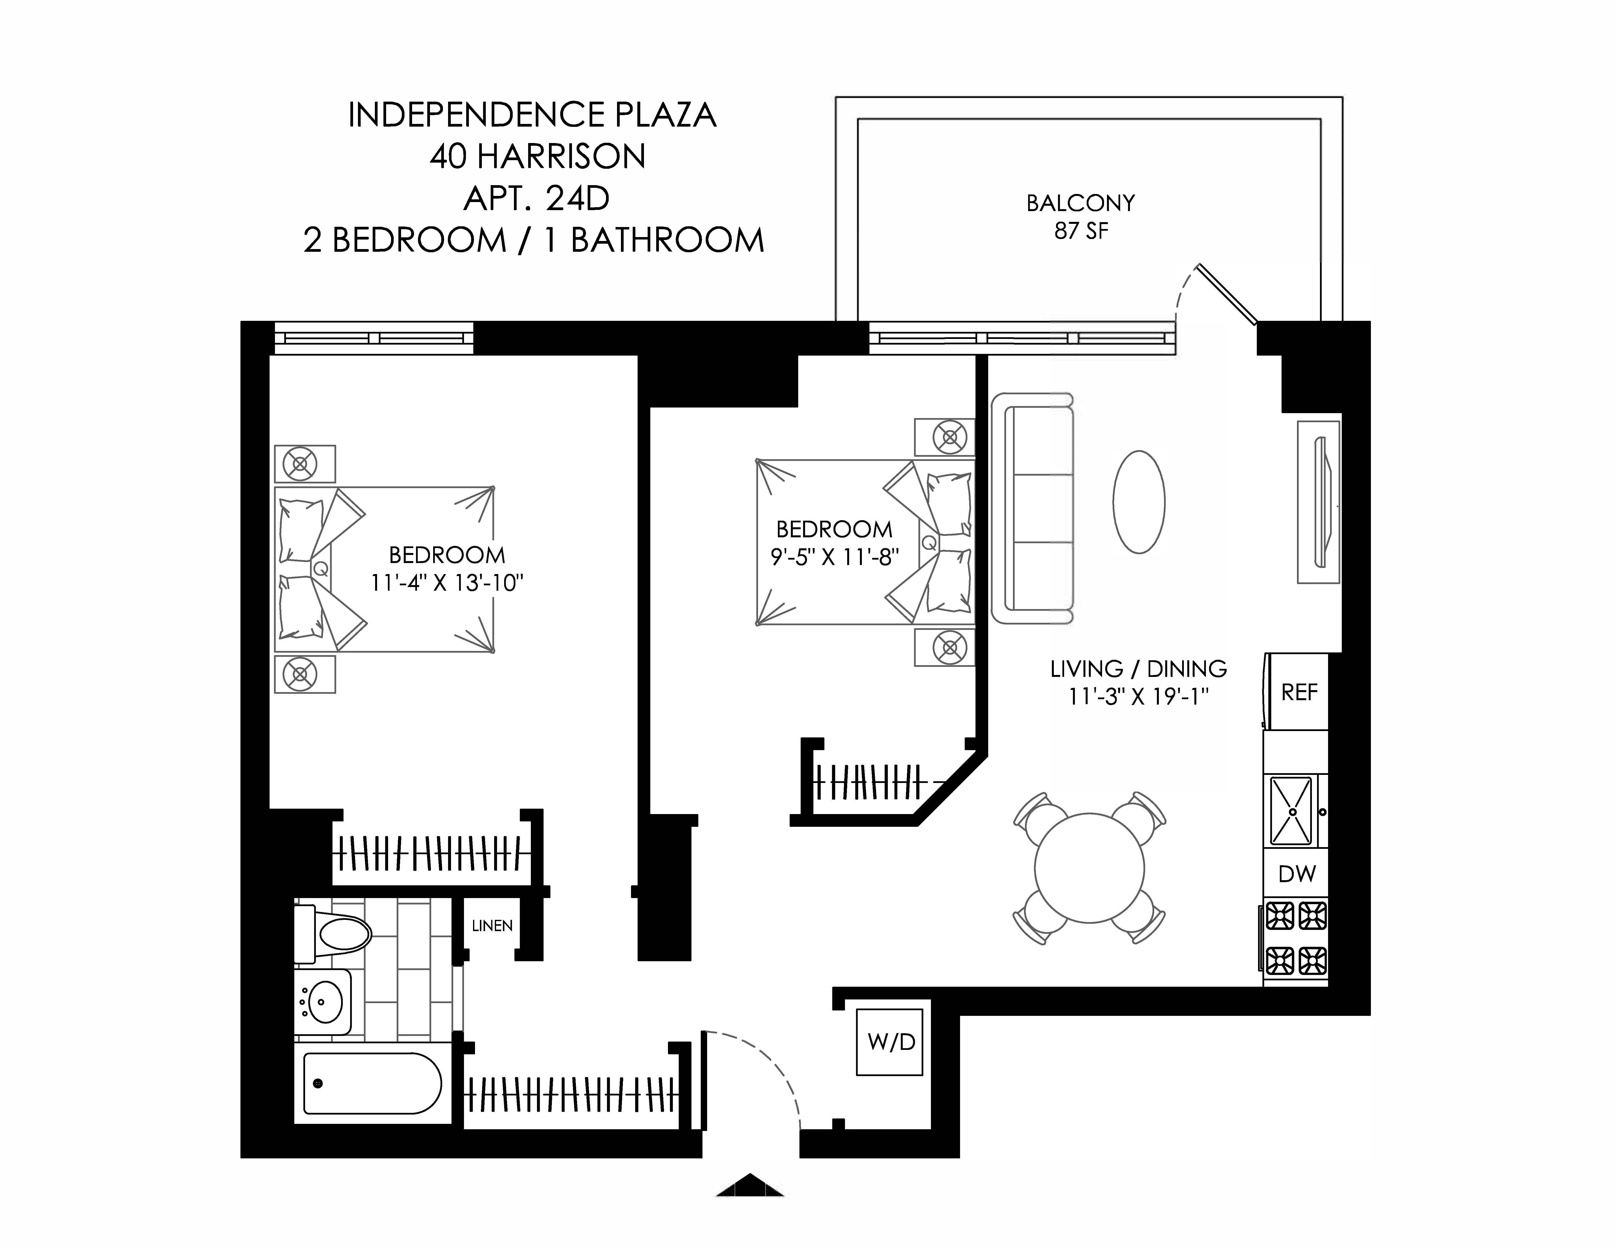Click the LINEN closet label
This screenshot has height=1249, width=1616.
pyautogui.click(x=492, y=926)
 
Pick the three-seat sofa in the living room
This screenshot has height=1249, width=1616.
pyautogui.click(x=1033, y=508)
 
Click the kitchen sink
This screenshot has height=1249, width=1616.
pyautogui.click(x=1291, y=811)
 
